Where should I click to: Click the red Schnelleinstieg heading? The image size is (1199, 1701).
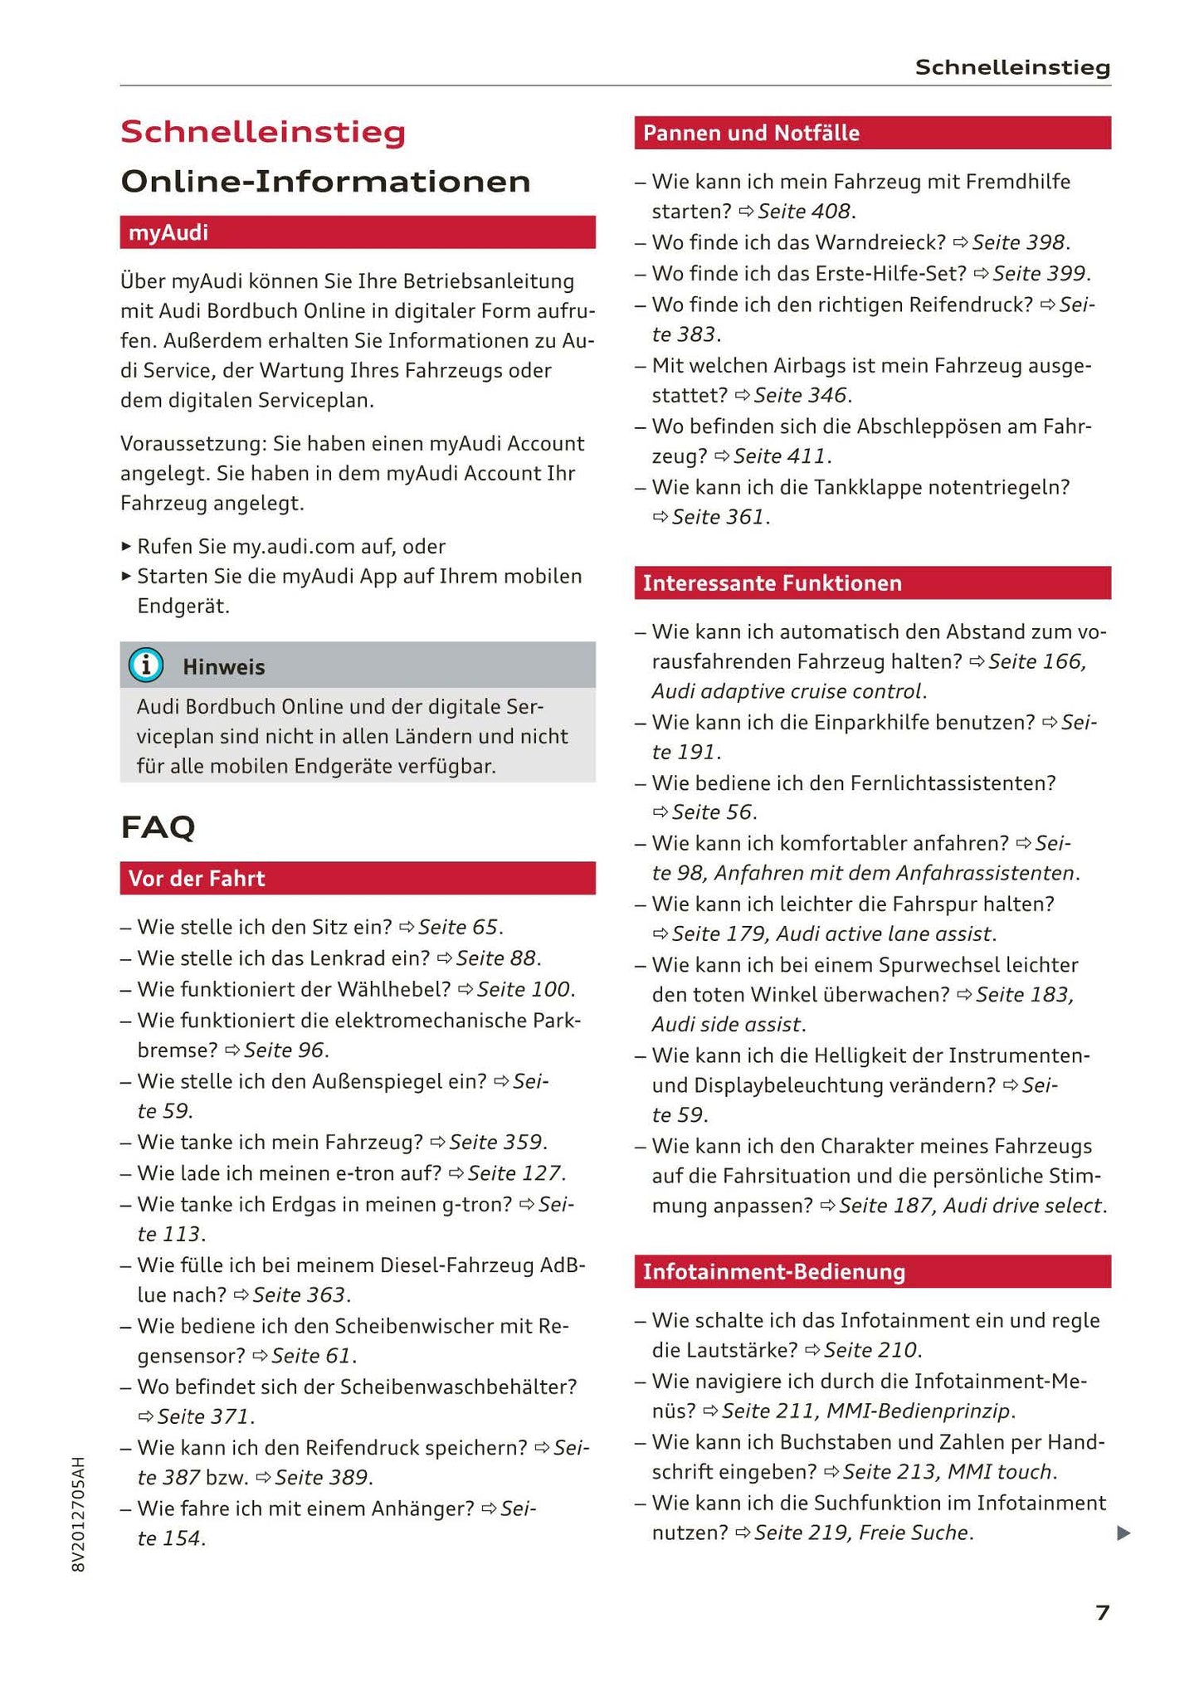pyautogui.click(x=263, y=132)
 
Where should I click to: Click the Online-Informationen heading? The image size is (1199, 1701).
pyautogui.click(x=325, y=182)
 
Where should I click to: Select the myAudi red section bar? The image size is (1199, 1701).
pyautogui.click(x=357, y=232)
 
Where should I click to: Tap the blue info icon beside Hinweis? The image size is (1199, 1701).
pyautogui.click(x=146, y=665)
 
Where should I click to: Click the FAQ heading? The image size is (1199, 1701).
pyautogui.click(x=158, y=827)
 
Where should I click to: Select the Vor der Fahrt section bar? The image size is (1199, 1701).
pyautogui.click(x=357, y=878)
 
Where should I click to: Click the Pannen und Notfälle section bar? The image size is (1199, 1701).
pyautogui.click(x=871, y=133)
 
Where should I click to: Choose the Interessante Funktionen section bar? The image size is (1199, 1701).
pyautogui.click(x=871, y=582)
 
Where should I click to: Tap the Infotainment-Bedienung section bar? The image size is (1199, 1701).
pyautogui.click(x=871, y=1271)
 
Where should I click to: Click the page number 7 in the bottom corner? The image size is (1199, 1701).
pyautogui.click(x=1102, y=1612)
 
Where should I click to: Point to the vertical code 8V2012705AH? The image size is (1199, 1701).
pyautogui.click(x=79, y=1513)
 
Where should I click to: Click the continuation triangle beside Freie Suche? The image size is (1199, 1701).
pyautogui.click(x=1123, y=1533)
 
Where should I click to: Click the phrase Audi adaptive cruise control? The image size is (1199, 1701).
pyautogui.click(x=787, y=691)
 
